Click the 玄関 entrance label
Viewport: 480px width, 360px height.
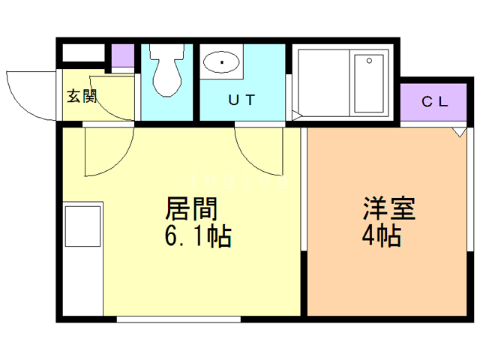(82, 96)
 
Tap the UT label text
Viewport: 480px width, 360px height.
(241, 100)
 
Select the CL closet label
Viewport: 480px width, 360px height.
(435, 102)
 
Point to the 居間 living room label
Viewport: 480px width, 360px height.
(191, 208)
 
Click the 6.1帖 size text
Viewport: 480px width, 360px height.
(198, 236)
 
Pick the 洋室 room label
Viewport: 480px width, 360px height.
(388, 208)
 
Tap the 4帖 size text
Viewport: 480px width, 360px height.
(382, 235)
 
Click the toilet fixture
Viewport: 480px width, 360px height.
(166, 70)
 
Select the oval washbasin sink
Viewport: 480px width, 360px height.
(221, 61)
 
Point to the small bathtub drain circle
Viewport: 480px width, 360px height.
(369, 61)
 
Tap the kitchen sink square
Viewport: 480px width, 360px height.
(83, 226)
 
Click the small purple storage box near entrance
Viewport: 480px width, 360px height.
(123, 55)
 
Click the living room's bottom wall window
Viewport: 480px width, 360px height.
(178, 319)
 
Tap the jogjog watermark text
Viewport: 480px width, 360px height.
(238, 180)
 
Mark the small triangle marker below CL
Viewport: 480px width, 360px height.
(459, 133)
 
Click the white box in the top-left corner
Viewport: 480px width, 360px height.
(83, 53)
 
